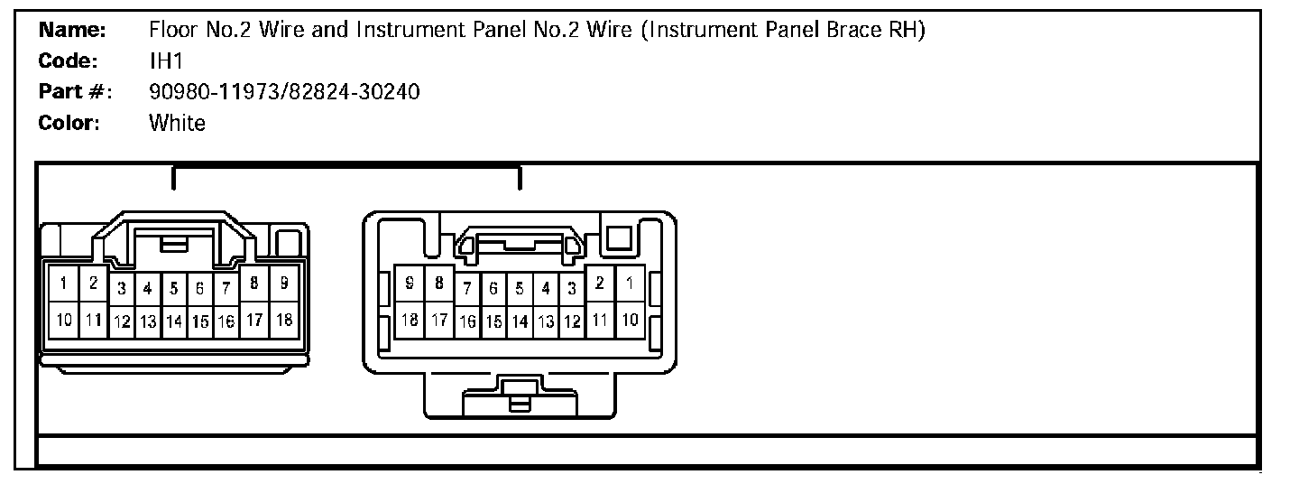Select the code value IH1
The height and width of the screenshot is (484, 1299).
coord(166,60)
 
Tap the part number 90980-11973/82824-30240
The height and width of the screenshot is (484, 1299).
coord(283,91)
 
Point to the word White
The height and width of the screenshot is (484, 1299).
coord(177,123)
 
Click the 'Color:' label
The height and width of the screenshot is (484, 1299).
coord(69,123)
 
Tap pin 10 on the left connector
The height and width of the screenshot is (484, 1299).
coord(63,319)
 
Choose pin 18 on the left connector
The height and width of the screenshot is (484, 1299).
coord(283,319)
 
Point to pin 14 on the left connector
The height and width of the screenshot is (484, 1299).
coord(174,321)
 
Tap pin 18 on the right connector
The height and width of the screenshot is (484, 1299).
coord(410,319)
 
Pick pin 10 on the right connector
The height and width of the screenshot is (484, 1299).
coord(631,319)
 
